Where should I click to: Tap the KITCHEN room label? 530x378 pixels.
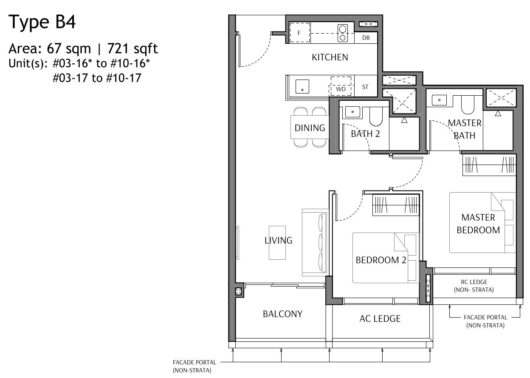click(330, 57)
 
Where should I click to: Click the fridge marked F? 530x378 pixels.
click(300, 32)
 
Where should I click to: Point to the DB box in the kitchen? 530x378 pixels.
click(366, 38)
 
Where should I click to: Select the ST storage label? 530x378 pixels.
click(365, 87)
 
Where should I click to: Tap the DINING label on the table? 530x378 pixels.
click(310, 128)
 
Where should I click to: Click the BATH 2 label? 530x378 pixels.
click(365, 134)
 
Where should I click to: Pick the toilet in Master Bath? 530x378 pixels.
click(468, 105)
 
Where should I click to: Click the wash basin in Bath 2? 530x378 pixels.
click(352, 112)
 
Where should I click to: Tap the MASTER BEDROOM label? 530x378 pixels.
click(478, 224)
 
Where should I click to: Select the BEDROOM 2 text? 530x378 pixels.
click(381, 260)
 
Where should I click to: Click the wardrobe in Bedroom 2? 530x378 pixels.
click(396, 205)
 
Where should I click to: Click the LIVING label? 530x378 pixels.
click(278, 240)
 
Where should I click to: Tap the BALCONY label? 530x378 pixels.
click(282, 314)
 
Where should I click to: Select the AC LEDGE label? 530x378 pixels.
click(380, 318)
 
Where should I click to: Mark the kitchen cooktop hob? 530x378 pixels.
click(342, 33)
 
